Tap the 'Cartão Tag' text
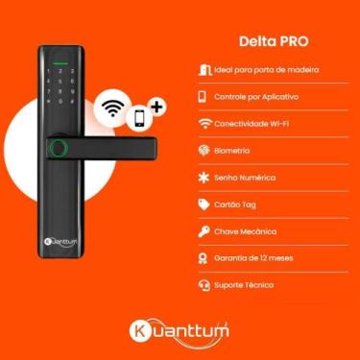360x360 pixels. point(236,204)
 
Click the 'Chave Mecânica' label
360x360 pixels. point(245,231)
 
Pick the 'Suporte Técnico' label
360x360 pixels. point(245,285)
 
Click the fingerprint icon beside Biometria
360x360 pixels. point(203,151)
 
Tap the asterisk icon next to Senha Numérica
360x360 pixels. point(203,178)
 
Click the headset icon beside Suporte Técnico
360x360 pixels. point(203,285)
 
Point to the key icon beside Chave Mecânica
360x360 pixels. point(203,231)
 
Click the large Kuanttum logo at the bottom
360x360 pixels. point(180,331)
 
